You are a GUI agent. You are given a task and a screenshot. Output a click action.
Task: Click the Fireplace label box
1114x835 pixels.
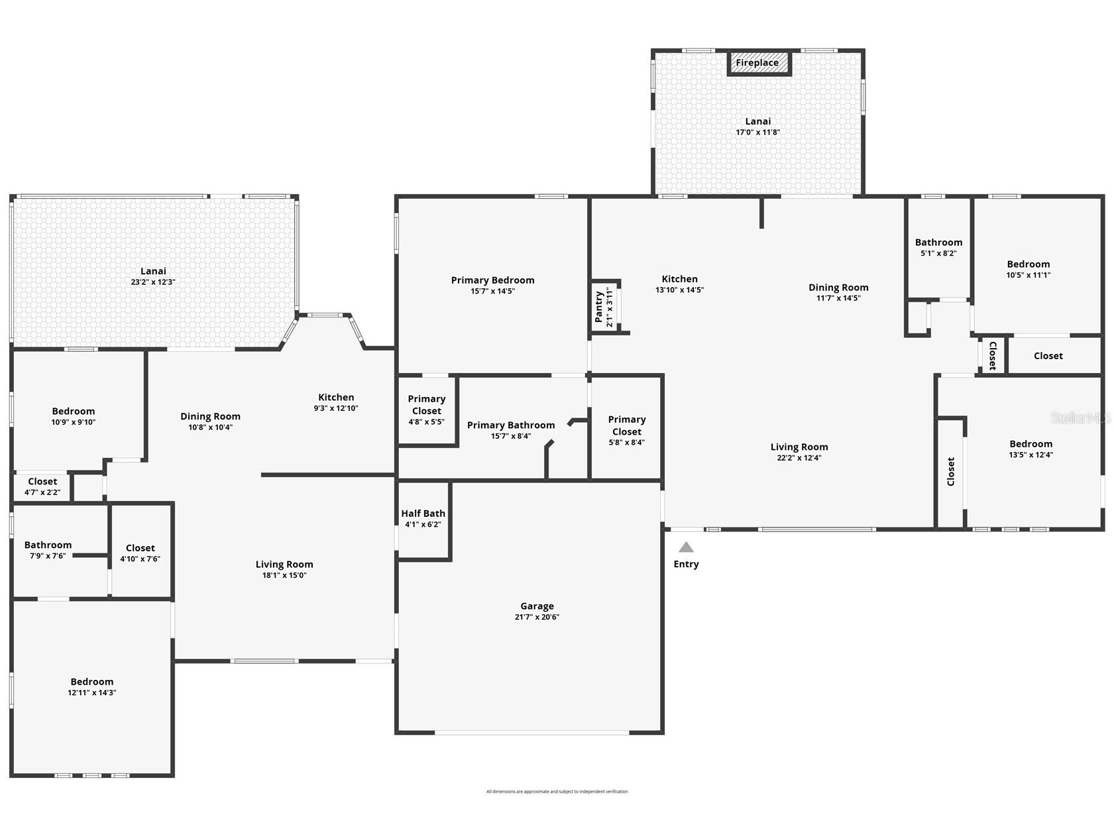tap(757, 63)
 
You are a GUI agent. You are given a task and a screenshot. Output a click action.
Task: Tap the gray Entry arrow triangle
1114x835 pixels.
tap(686, 547)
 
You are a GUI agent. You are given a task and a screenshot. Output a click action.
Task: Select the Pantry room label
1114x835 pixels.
tap(599, 307)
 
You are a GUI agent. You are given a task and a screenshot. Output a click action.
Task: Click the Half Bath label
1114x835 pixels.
tap(423, 514)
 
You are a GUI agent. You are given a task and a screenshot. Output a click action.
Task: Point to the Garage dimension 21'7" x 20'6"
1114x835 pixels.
tap(537, 617)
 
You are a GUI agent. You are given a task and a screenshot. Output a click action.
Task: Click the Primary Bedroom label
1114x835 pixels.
tap(492, 280)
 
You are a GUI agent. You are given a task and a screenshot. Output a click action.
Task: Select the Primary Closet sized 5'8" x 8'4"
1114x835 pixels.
tap(626, 430)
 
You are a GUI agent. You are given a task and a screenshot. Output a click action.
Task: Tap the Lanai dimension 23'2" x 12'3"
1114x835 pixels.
tap(153, 282)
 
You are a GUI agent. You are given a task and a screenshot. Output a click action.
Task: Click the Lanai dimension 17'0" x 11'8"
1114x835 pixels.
tap(757, 133)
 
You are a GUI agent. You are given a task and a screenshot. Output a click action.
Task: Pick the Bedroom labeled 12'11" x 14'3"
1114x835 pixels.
tap(92, 687)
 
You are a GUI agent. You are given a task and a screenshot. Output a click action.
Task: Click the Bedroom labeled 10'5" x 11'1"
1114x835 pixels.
tap(1028, 269)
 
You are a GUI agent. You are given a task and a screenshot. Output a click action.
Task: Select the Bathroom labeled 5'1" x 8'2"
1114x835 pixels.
tap(938, 247)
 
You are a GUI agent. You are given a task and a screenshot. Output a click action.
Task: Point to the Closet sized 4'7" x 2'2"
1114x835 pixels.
tap(42, 486)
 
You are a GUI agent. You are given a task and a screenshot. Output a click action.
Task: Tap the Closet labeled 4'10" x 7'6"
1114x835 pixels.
tap(140, 553)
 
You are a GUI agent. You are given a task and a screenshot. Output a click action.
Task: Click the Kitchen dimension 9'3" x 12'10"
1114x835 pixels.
tap(336, 408)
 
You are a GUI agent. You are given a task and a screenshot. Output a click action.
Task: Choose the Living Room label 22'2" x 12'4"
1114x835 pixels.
tap(799, 452)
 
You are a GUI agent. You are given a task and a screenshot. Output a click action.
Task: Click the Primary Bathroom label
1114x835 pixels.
tap(510, 425)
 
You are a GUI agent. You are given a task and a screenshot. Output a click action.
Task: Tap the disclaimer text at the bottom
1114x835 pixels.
tap(557, 791)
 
